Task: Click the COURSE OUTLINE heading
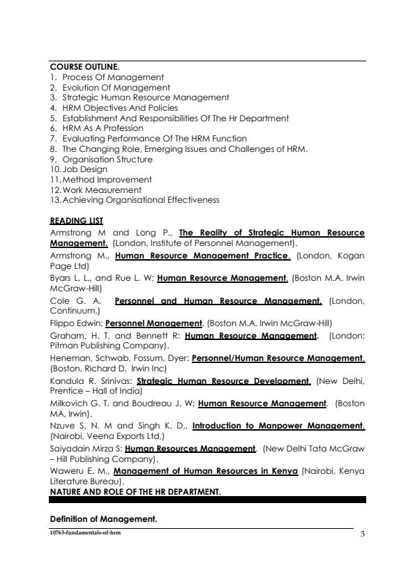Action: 82,67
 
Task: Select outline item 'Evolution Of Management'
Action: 116,88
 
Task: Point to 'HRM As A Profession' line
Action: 103,128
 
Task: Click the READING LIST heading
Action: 77,221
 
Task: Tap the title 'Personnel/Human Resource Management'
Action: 278,358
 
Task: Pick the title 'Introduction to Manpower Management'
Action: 278,425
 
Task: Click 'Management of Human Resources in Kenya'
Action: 206,472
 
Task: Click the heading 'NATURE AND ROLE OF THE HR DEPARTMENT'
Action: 135,491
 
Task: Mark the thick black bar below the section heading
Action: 208,500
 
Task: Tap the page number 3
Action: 363,534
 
